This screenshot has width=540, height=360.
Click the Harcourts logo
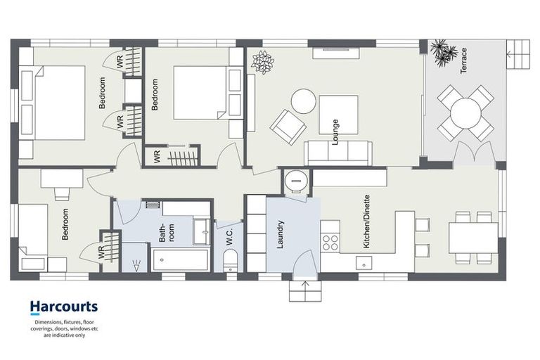[63, 307]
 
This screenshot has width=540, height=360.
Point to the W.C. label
[230, 238]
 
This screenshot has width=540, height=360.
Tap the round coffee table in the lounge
[304, 101]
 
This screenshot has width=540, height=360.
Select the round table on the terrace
[465, 113]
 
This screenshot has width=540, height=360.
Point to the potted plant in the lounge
[263, 61]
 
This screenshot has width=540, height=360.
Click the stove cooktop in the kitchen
[330, 242]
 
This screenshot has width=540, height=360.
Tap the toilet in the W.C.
[231, 264]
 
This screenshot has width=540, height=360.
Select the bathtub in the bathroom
[181, 259]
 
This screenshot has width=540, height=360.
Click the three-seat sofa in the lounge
[338, 153]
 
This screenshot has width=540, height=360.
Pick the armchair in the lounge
[288, 127]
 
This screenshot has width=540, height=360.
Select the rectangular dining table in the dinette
[473, 238]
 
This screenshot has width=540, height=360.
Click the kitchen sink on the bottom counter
[364, 263]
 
